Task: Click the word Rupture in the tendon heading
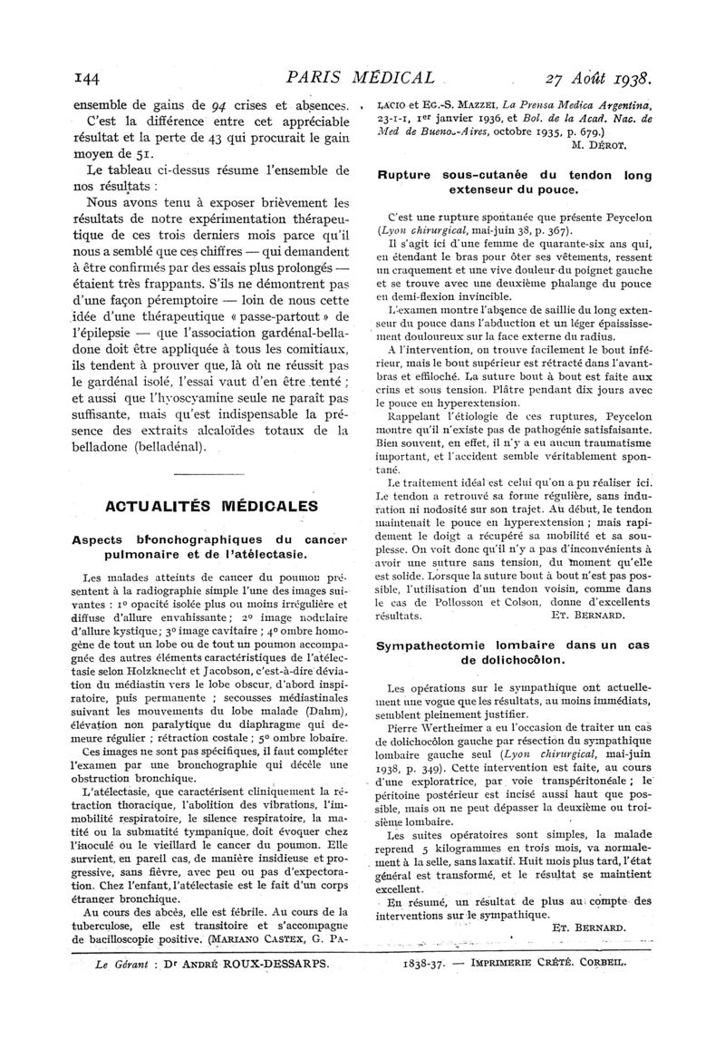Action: (407, 175)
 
